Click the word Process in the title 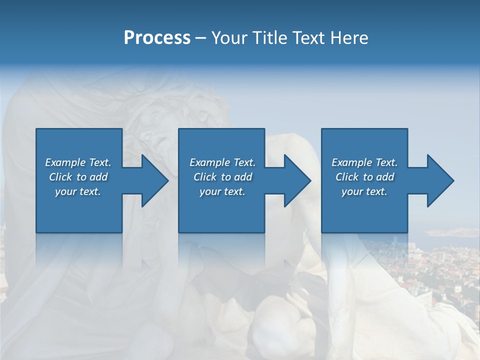tap(157, 38)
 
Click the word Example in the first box tap(65, 162)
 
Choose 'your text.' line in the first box tap(78, 191)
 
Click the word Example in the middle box tap(210, 162)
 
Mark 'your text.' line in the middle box tap(222, 191)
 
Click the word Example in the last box tap(352, 162)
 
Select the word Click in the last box tap(347, 177)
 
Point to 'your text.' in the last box tap(364, 191)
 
